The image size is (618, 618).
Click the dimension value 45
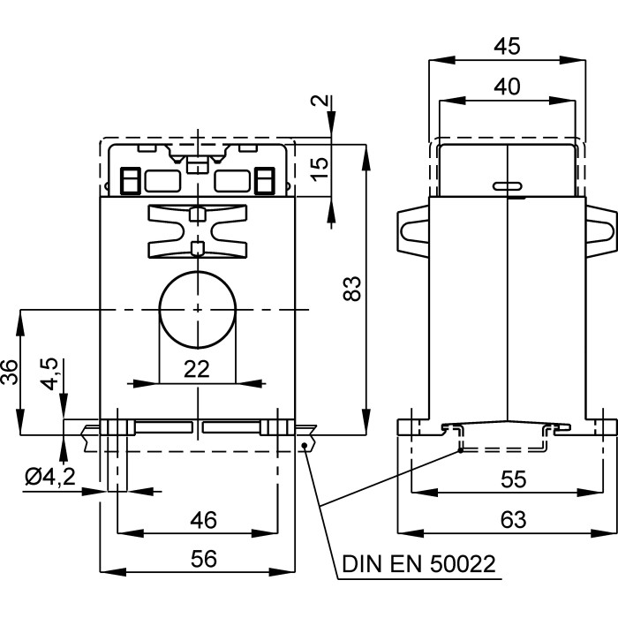[507, 46]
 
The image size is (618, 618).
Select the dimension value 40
[507, 86]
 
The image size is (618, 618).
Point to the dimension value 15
[320, 164]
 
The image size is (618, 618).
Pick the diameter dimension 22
[196, 370]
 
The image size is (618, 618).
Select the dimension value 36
[10, 373]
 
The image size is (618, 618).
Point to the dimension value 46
[203, 519]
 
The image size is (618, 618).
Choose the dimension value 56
[203, 558]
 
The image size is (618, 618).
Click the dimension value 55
[507, 479]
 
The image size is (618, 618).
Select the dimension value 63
[507, 519]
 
